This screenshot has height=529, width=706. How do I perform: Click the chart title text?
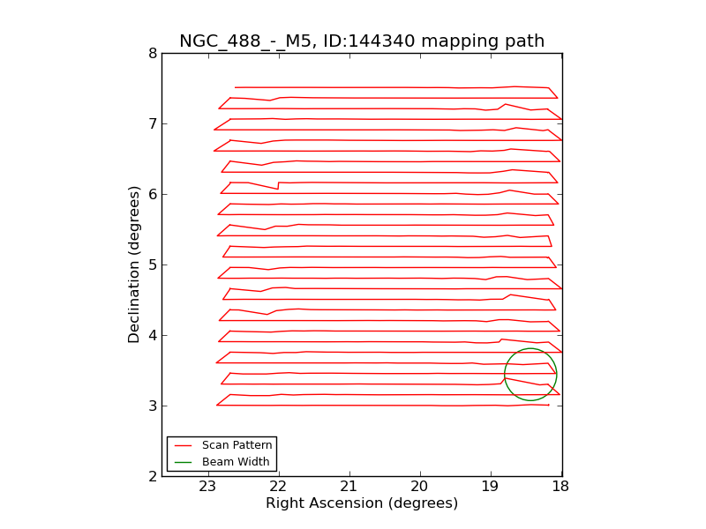pyautogui.click(x=362, y=41)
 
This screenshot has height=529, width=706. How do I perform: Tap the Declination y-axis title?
pyautogui.click(x=135, y=264)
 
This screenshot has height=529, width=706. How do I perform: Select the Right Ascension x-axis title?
pyautogui.click(x=362, y=503)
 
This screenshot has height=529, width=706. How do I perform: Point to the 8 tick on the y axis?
pyautogui.click(x=153, y=54)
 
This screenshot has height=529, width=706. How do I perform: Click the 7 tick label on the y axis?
pyautogui.click(x=153, y=124)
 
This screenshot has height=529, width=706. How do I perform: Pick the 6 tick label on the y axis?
pyautogui.click(x=153, y=195)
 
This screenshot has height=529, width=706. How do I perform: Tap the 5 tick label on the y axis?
pyautogui.click(x=153, y=265)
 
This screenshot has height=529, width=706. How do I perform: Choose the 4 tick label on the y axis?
pyautogui.click(x=153, y=336)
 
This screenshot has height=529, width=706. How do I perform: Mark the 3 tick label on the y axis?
pyautogui.click(x=153, y=406)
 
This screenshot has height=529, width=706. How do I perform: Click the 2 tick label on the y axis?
pyautogui.click(x=153, y=477)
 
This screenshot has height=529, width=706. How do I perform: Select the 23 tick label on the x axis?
pyautogui.click(x=207, y=487)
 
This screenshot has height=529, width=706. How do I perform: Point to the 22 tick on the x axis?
pyautogui.click(x=278, y=487)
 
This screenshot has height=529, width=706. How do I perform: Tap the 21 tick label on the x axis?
pyautogui.click(x=349, y=487)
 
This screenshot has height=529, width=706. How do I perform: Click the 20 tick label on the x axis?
pyautogui.click(x=419, y=487)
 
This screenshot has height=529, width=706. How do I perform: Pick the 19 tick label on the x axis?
pyautogui.click(x=490, y=487)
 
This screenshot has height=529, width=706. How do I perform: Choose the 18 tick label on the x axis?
pyautogui.click(x=560, y=487)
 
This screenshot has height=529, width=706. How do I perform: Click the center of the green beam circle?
pyautogui.click(x=530, y=375)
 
